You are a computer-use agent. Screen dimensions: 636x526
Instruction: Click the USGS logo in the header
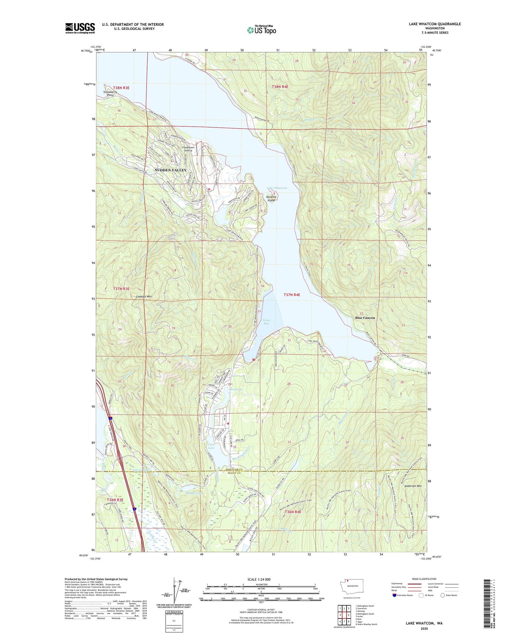(80, 28)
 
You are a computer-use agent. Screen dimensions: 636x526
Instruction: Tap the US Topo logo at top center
(261, 30)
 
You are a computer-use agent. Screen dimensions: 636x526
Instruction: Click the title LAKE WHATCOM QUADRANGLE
(435, 24)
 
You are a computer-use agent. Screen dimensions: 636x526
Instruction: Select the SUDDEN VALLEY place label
(170, 170)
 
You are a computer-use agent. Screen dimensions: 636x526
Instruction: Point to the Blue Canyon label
(365, 318)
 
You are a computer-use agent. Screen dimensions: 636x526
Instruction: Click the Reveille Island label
(272, 199)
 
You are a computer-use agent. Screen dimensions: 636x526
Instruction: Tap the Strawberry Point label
(110, 94)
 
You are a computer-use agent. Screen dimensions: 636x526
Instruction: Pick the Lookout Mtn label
(144, 297)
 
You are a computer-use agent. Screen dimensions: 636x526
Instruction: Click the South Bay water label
(266, 322)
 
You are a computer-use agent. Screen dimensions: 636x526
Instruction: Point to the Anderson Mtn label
(412, 486)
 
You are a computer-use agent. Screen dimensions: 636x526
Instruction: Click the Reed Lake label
(236, 389)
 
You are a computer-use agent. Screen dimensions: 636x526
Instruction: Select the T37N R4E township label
(292, 294)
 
